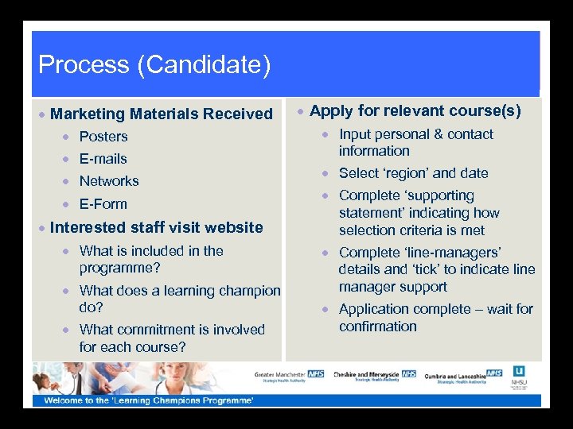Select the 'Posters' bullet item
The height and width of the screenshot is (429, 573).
(103, 137)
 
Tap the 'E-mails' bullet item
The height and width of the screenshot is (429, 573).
(103, 159)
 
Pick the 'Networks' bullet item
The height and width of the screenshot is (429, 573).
(109, 181)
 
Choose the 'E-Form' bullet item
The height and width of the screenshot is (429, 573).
(103, 204)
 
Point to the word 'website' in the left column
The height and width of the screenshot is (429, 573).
(233, 228)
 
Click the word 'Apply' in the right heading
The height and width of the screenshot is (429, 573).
(329, 111)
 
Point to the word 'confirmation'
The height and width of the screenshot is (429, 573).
(378, 327)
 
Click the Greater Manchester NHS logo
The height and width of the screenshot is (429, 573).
(290, 376)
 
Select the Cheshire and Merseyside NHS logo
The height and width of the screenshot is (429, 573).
(374, 375)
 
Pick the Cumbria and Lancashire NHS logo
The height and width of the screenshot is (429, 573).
(463, 375)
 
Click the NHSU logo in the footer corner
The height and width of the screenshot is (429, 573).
(520, 377)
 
